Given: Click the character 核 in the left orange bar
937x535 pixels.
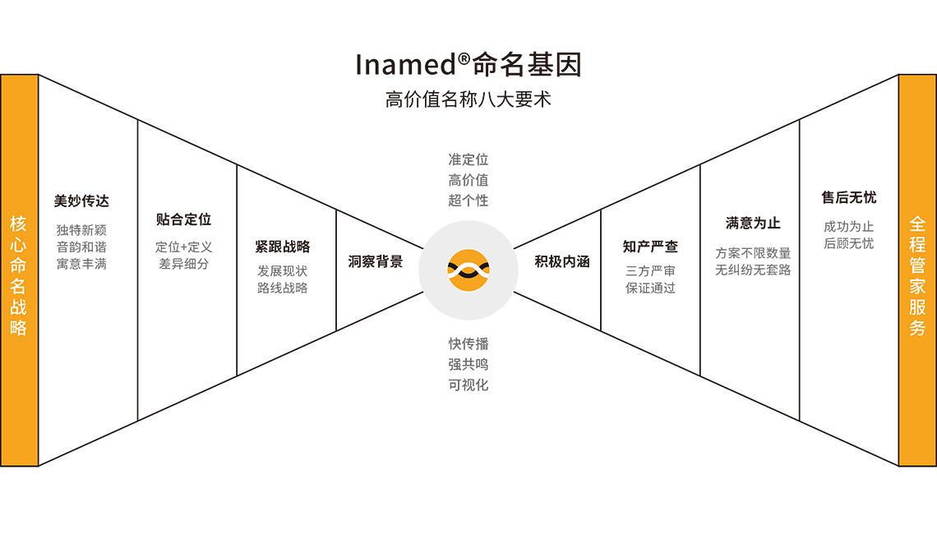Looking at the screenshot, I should click(x=19, y=223).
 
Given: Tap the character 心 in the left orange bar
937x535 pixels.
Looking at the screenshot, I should click(x=19, y=244).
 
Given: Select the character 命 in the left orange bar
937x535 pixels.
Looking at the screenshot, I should click(x=19, y=265).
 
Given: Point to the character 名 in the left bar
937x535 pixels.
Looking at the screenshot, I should click(x=19, y=286).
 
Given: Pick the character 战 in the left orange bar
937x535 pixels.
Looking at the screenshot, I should click(x=19, y=307).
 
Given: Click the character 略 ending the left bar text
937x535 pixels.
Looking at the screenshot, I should click(x=19, y=327).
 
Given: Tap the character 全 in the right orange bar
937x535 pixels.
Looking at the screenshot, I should click(x=917, y=223).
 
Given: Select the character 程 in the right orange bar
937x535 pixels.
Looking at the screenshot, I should click(x=917, y=244).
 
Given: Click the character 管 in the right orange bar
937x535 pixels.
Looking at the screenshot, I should click(x=917, y=265).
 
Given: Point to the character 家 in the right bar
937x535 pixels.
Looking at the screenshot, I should click(x=917, y=286).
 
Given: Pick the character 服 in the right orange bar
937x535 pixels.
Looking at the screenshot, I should click(x=917, y=307).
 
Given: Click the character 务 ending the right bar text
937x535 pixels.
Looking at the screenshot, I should click(x=917, y=327).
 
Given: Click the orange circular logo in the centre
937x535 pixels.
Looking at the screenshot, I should click(x=468, y=269).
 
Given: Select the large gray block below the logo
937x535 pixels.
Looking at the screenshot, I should click(x=468, y=411).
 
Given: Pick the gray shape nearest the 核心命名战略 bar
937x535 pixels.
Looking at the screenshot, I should click(x=85, y=255).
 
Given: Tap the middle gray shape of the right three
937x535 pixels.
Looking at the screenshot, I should click(x=750, y=271).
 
